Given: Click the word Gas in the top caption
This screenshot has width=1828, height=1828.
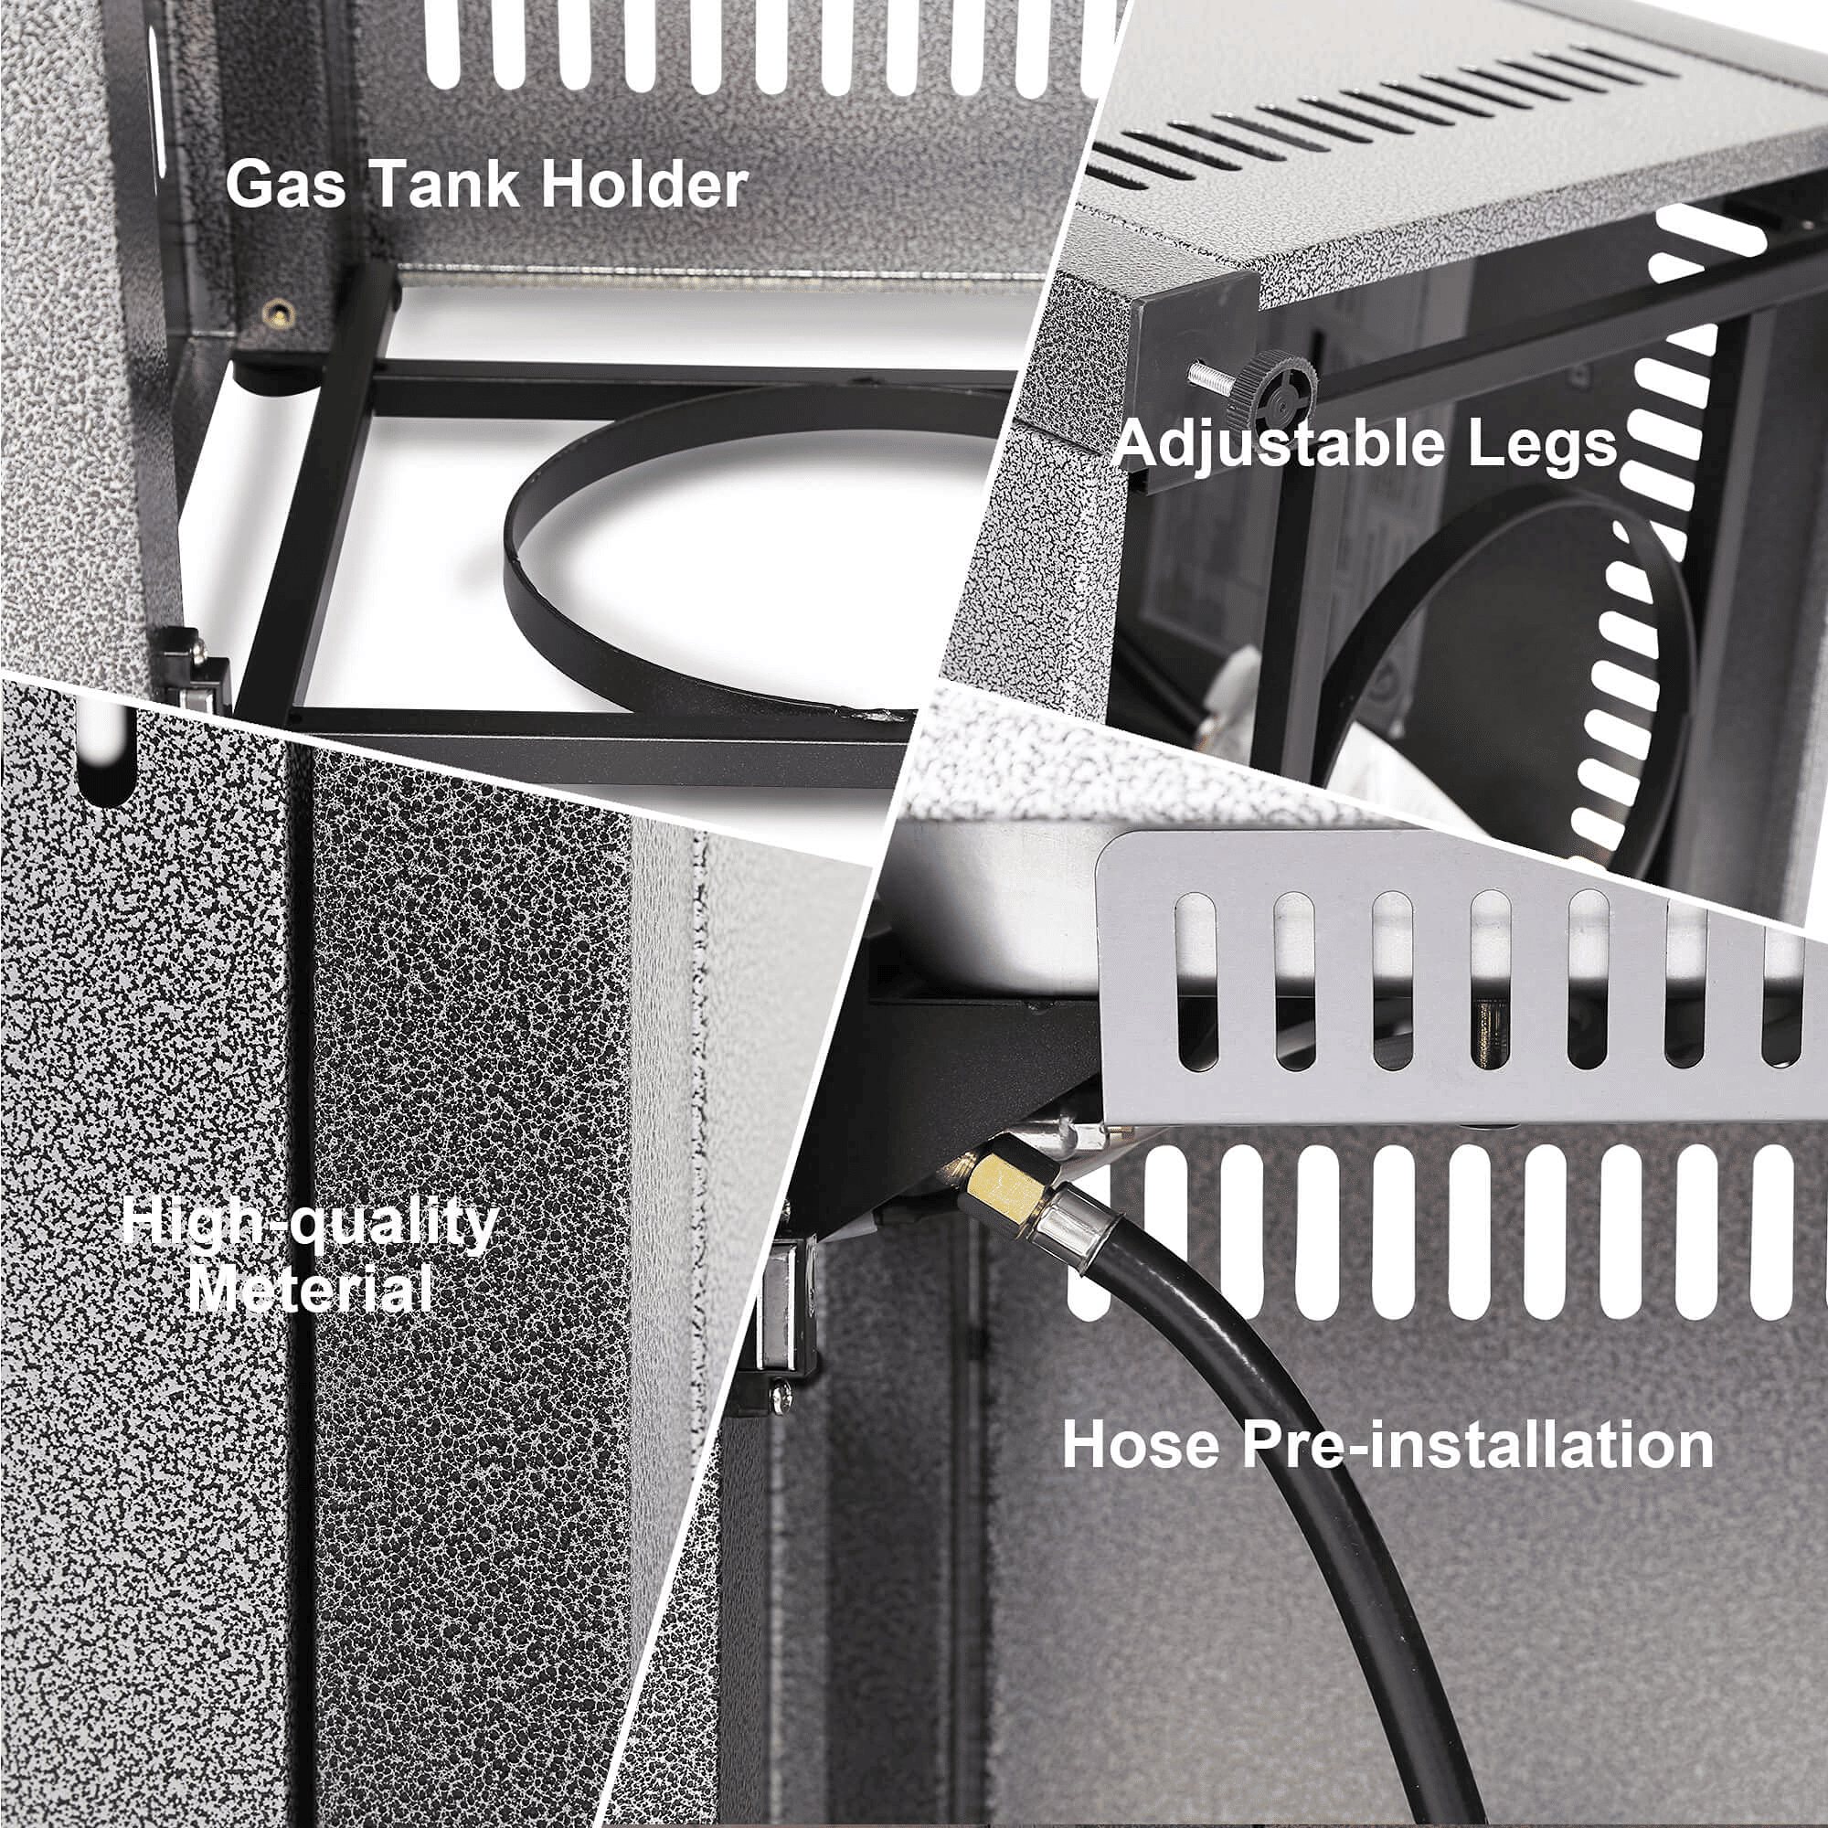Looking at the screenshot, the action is click(x=285, y=185).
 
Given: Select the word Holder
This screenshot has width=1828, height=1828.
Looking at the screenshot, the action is click(x=644, y=184).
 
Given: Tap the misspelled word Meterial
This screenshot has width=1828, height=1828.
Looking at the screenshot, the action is click(x=311, y=1288).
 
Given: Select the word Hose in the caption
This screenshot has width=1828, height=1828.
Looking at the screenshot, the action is click(x=1141, y=1444).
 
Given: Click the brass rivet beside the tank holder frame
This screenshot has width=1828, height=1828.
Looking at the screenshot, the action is click(x=278, y=313).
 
